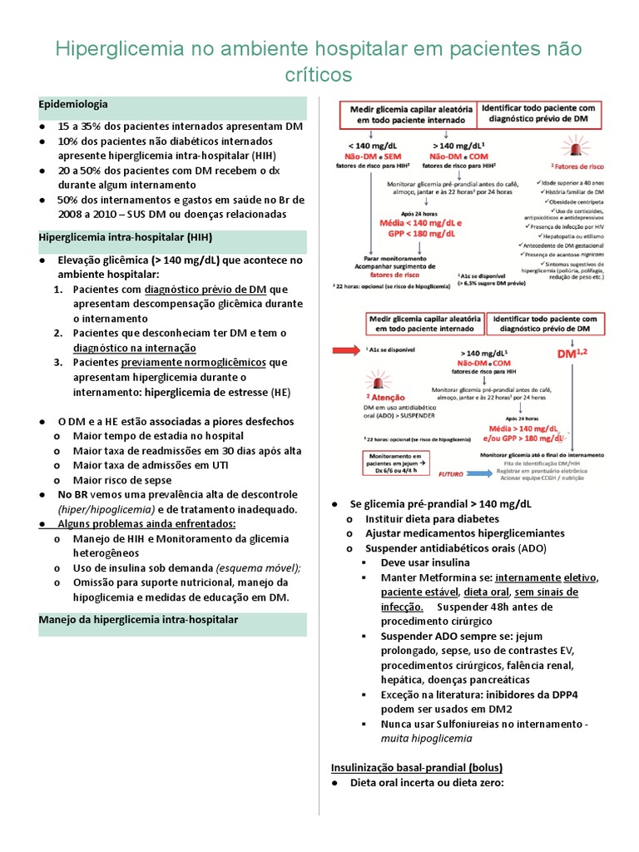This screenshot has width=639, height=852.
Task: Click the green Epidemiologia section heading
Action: pyautogui.click(x=72, y=104)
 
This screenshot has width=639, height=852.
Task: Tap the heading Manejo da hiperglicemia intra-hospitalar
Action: pyautogui.click(x=139, y=620)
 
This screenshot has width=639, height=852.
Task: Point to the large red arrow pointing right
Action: pyautogui.click(x=342, y=352)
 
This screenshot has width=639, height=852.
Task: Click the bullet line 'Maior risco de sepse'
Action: pyautogui.click(x=122, y=480)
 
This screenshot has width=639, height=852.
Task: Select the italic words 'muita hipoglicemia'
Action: pyautogui.click(x=427, y=738)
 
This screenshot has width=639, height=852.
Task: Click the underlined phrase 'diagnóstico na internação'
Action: pyautogui.click(x=135, y=348)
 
